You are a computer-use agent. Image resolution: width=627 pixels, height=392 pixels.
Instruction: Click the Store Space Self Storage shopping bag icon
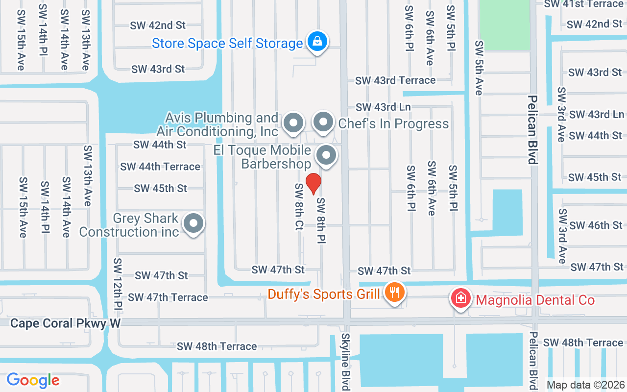[x=317, y=41]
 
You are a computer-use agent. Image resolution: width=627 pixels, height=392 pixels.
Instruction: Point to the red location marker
[x=313, y=184]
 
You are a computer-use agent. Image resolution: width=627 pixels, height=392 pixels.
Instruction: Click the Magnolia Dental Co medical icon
[x=460, y=298]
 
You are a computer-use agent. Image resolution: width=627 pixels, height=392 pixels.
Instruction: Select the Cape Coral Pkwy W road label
[x=65, y=323]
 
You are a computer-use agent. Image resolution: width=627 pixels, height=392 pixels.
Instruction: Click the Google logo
[x=33, y=380]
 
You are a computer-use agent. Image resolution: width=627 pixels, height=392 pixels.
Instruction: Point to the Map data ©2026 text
[x=586, y=385]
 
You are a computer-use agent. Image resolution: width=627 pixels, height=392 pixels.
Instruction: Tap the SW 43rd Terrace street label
[x=395, y=80]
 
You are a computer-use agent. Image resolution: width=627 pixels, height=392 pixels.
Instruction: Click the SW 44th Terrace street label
[x=160, y=167]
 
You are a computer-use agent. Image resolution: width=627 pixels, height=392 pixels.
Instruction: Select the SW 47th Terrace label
[x=168, y=297]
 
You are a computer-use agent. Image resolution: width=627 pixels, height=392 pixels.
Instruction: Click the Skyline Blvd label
[x=346, y=362]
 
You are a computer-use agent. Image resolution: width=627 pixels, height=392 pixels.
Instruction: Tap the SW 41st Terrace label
[x=584, y=4]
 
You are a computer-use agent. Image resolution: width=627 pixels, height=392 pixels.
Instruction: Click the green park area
[x=505, y=24]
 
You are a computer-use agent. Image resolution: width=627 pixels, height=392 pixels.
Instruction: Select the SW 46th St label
[x=596, y=225]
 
